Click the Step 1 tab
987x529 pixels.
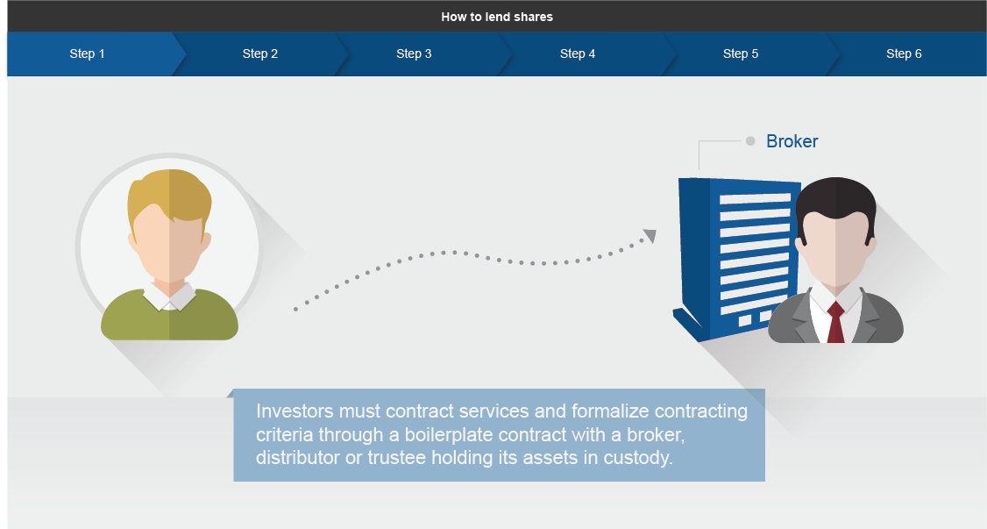(x=88, y=54)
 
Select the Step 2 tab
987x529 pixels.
(x=260, y=54)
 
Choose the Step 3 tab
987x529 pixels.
(x=415, y=54)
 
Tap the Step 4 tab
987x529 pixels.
(x=578, y=54)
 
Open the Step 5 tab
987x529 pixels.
(x=741, y=54)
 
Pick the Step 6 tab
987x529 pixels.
(x=904, y=54)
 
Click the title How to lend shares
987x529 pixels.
(x=497, y=17)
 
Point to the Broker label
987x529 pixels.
(x=792, y=141)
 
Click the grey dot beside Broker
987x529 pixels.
(x=750, y=141)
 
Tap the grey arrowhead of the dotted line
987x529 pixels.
(x=650, y=235)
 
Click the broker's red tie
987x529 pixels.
(x=835, y=322)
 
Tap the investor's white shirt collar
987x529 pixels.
(x=169, y=296)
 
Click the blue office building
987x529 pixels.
(x=735, y=258)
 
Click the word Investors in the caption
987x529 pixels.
(x=295, y=411)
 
